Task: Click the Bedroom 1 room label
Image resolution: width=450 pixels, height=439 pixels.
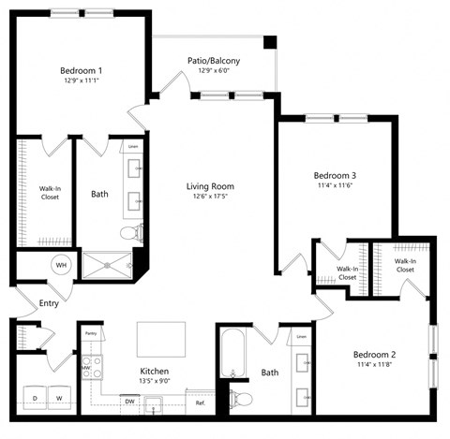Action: (81, 70)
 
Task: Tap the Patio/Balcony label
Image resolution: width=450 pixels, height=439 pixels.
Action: (214, 61)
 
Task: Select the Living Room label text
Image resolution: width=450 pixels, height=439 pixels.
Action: (202, 185)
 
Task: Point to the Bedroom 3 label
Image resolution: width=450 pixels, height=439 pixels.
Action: (335, 175)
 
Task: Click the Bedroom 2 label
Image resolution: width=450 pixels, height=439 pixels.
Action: (375, 355)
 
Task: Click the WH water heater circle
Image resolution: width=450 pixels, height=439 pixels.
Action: (62, 265)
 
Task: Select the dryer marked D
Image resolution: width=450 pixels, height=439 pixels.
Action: (35, 398)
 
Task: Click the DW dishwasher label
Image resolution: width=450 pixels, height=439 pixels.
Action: (129, 402)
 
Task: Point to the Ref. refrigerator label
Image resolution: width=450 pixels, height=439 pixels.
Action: (200, 402)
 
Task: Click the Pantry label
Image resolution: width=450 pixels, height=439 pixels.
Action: (91, 333)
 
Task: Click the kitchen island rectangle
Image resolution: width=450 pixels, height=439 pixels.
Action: (161, 336)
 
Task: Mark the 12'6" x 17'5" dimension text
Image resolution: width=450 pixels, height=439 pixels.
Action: (202, 197)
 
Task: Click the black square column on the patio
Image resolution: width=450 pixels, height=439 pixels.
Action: (270, 43)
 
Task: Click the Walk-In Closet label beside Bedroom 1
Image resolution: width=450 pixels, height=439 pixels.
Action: (50, 193)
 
